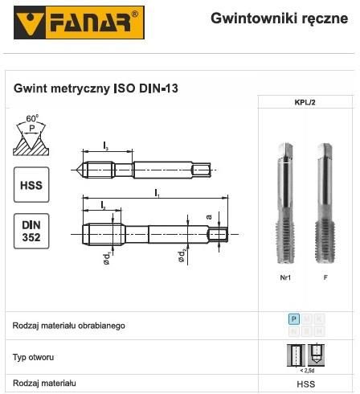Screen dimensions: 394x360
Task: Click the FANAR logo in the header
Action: (x=72, y=23)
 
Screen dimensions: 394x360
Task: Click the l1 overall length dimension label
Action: (x=157, y=193)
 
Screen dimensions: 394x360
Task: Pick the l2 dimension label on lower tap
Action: (x=104, y=207)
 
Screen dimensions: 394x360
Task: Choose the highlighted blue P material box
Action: (x=294, y=319)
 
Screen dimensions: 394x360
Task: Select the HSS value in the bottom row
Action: (x=305, y=385)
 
